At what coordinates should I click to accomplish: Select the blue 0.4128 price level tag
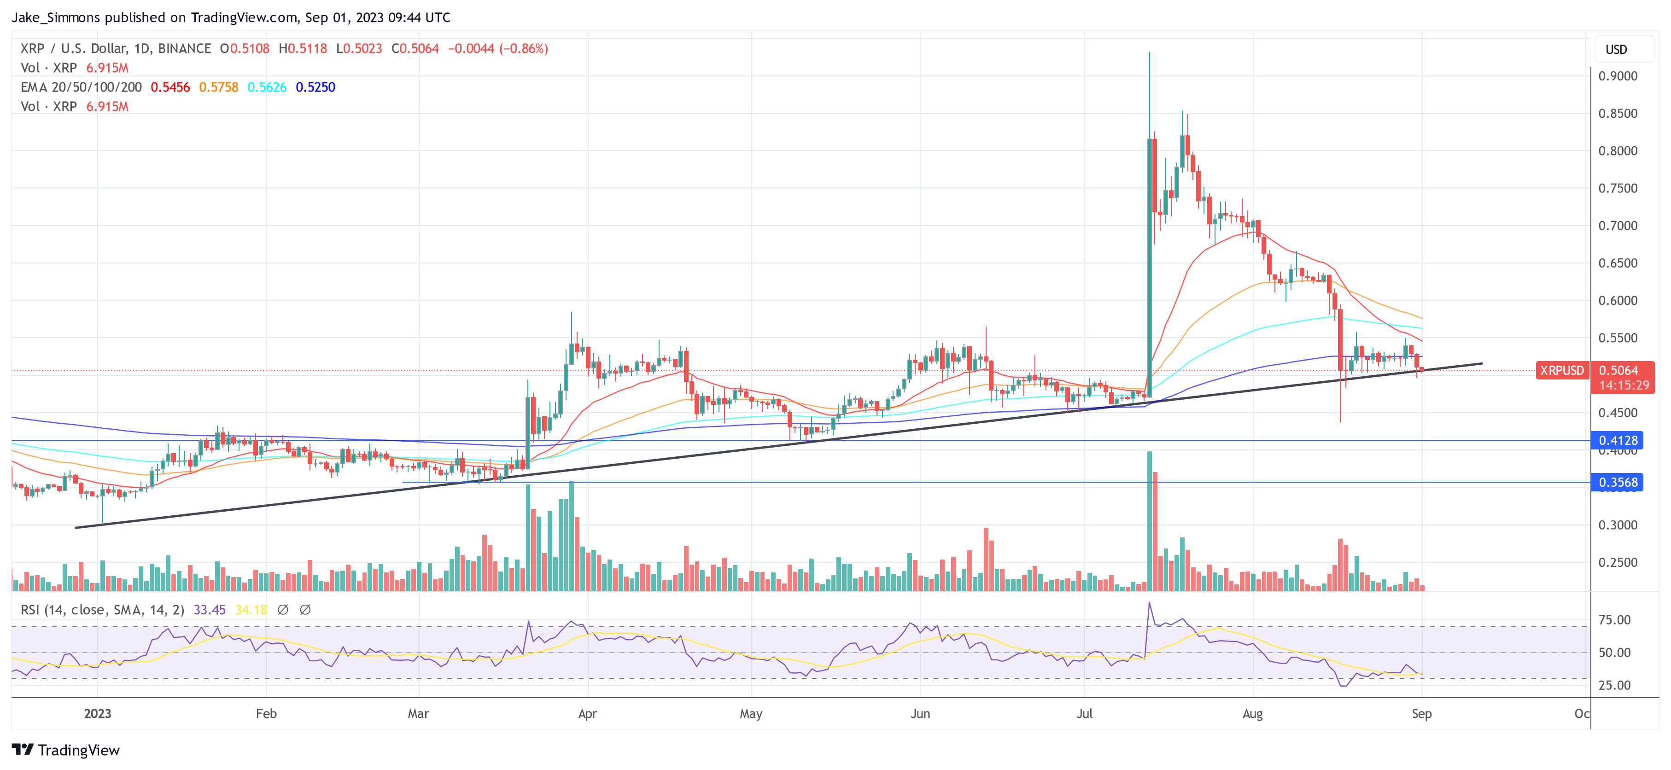(x=1617, y=440)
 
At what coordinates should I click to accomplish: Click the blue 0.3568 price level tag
(x=1617, y=482)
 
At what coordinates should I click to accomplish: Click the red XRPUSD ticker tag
(x=1562, y=370)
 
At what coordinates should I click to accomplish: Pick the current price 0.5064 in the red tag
(x=1618, y=370)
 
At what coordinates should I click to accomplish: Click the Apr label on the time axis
(x=587, y=713)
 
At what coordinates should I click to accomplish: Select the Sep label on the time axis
(x=1421, y=713)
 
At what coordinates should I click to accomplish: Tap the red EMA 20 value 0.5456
(x=170, y=87)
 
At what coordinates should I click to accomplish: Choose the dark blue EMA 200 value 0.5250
(x=315, y=87)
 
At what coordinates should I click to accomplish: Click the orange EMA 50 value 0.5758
(x=219, y=87)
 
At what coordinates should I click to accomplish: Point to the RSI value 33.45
(x=210, y=610)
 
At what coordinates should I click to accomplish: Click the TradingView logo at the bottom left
(x=65, y=750)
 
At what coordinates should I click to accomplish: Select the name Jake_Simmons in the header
(x=56, y=17)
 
